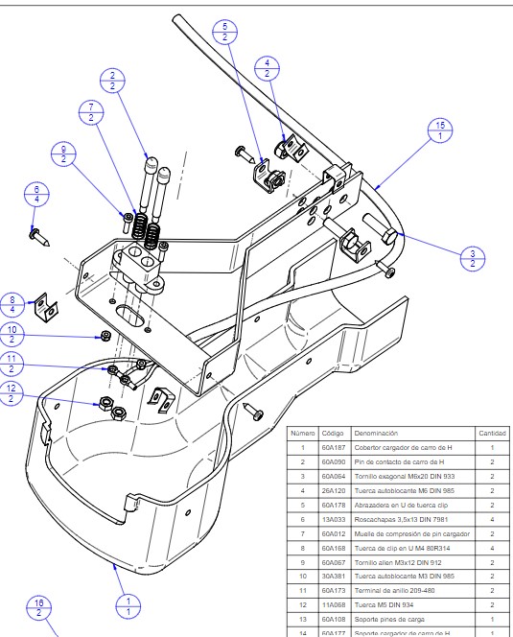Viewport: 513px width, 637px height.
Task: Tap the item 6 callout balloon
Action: click(37, 194)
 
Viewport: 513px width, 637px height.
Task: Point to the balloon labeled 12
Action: click(12, 393)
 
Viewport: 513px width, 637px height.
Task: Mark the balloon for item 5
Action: click(224, 32)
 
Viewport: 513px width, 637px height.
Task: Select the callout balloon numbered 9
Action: click(65, 153)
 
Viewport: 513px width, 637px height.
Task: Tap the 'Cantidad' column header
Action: click(492, 433)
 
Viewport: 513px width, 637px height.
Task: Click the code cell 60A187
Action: click(333, 448)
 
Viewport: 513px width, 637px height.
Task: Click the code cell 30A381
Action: click(333, 576)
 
